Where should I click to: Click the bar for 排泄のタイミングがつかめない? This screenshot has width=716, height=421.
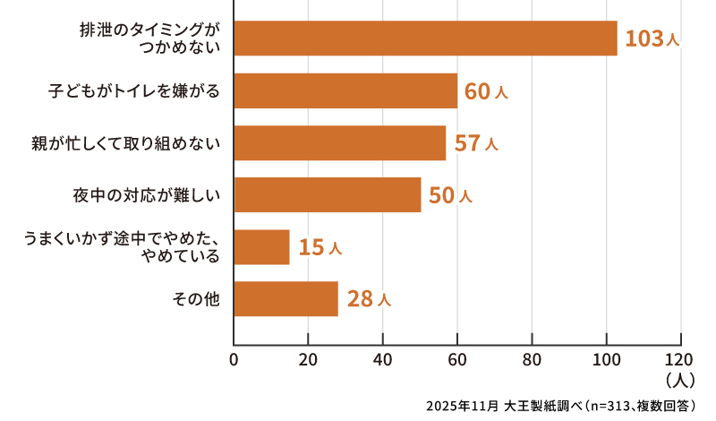tap(425, 39)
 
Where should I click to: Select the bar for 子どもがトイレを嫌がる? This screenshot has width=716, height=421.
tap(345, 90)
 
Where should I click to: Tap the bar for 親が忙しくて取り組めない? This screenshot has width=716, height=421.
tap(339, 142)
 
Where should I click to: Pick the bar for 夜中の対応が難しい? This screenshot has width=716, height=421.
tap(327, 194)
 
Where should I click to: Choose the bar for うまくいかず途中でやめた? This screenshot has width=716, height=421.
tap(261, 246)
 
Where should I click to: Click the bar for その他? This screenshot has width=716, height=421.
tap(286, 298)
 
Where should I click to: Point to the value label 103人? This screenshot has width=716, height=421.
tap(652, 39)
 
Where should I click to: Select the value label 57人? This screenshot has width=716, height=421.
tap(475, 142)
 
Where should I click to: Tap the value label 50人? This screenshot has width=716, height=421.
tap(450, 194)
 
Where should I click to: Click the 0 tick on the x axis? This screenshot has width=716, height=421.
tap(234, 360)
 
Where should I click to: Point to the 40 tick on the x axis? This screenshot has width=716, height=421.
tap(383, 360)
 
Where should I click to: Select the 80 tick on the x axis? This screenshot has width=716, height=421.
tap(533, 360)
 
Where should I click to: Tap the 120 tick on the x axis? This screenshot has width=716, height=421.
tap(680, 360)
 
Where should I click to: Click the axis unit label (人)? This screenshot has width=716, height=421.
tap(681, 380)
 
